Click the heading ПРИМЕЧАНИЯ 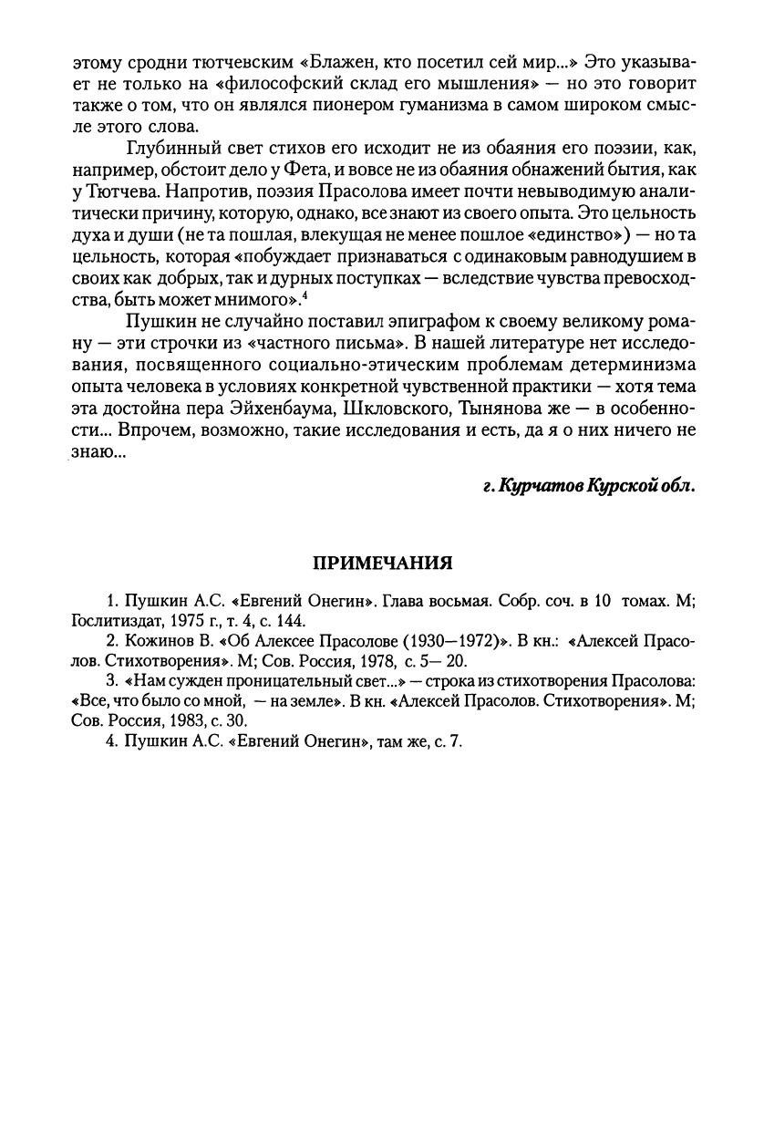pyautogui.click(x=383, y=563)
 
